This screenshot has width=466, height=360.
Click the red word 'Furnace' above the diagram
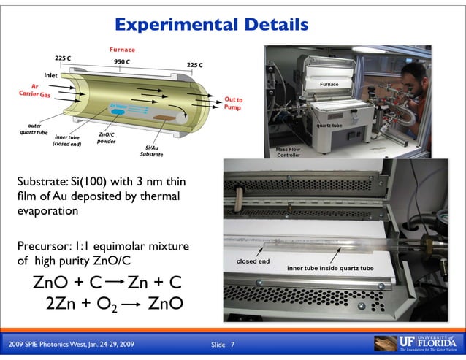(122, 49)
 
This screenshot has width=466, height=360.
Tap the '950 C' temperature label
(122, 62)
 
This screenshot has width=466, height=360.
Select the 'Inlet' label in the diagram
(51, 74)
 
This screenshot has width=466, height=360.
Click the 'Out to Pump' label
(233, 103)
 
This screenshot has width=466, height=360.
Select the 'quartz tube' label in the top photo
(329, 126)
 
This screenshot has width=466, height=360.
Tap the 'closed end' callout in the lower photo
(253, 261)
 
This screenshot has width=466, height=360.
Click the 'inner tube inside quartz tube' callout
(330, 269)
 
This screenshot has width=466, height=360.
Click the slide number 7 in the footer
(232, 344)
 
